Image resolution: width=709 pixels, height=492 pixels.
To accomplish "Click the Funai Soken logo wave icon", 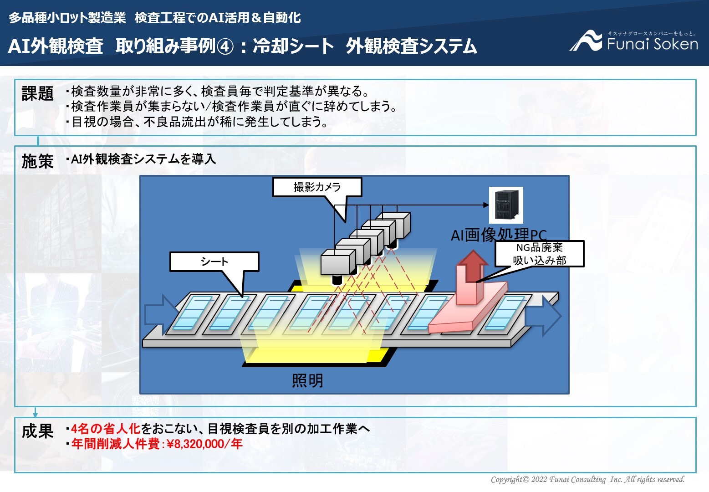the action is point(586,41).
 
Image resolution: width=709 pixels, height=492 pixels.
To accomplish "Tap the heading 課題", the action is point(37,93).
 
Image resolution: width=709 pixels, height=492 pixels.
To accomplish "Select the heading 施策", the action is point(37,161).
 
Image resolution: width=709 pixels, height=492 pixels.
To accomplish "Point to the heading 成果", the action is point(37,431).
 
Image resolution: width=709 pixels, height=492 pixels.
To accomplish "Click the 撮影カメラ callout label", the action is point(317,187).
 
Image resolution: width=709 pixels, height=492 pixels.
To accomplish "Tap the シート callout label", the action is point(214,261).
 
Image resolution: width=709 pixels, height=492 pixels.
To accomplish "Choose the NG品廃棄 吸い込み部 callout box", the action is point(540,254).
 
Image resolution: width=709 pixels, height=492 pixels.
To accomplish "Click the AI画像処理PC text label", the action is point(499,235).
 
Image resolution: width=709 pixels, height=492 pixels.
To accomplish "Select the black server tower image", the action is point(506,205).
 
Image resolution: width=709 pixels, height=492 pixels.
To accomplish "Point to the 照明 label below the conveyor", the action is point(307,380).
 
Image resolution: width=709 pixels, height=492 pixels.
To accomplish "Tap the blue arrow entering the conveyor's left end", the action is point(162,315).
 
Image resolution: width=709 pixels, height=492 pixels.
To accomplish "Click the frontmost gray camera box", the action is point(338,262).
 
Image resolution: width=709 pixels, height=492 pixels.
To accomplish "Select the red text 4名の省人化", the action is point(106,429).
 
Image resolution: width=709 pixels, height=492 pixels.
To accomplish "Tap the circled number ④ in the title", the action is point(225,46).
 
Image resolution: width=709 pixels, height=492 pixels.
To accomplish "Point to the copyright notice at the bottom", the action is point(587,479).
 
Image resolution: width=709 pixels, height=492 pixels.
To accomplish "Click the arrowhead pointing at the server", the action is point(486,205).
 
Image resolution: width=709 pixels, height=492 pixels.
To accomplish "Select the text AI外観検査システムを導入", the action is point(143,159).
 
